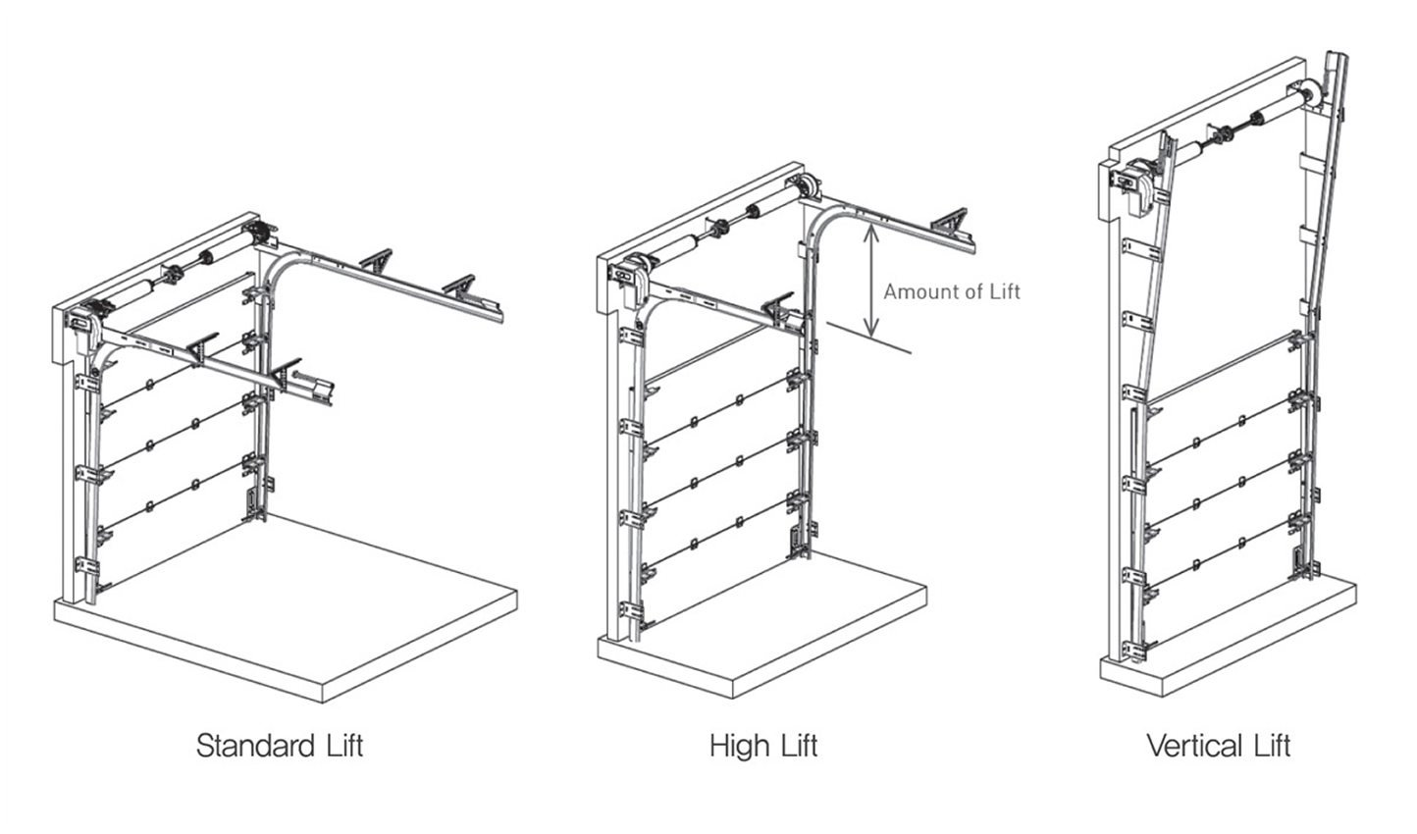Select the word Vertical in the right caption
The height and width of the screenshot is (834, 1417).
tap(1192, 746)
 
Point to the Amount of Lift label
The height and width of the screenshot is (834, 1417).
tap(951, 291)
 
